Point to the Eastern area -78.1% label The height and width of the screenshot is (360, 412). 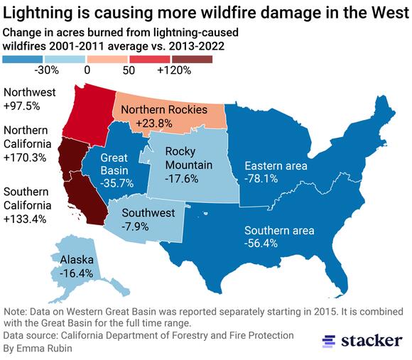(x=276, y=173)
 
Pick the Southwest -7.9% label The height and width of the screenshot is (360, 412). (x=148, y=219)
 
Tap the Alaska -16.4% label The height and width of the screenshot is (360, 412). (x=77, y=266)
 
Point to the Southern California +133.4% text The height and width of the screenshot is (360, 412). (x=26, y=205)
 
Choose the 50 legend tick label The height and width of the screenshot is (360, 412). (x=129, y=70)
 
